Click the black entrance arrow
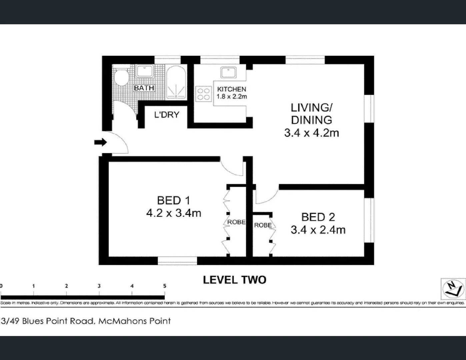(x=100, y=143)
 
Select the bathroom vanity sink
(x=145, y=71)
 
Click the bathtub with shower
(x=176, y=82)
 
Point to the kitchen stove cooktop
(x=203, y=93)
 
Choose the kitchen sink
(x=228, y=72)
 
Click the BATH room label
(x=144, y=88)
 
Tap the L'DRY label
(x=167, y=115)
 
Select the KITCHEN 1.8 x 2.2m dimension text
(x=232, y=97)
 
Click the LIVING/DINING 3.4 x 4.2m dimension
(x=311, y=133)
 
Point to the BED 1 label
(x=173, y=200)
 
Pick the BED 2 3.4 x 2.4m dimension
(x=318, y=230)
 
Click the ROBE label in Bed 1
(x=236, y=222)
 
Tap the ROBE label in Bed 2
(x=263, y=225)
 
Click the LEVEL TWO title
(x=235, y=280)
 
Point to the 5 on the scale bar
(x=165, y=286)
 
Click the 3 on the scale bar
(x=99, y=286)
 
